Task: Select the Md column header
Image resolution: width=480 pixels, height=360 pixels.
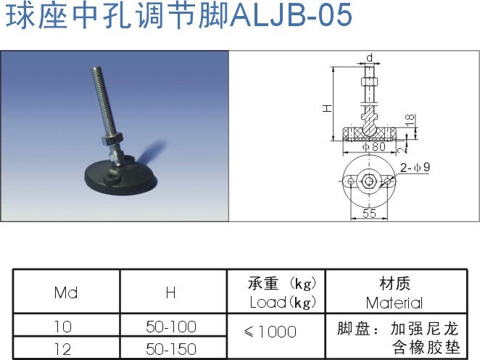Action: tap(65, 293)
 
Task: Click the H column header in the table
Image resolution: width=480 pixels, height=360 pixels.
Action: tap(170, 293)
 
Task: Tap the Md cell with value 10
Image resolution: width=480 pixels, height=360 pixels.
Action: tap(65, 327)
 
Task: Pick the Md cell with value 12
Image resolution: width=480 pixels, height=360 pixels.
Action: tap(65, 349)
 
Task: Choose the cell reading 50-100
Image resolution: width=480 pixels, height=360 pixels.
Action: tap(171, 327)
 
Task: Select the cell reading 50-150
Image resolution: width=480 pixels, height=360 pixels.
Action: tap(171, 349)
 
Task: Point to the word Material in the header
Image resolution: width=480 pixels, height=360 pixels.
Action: tap(394, 303)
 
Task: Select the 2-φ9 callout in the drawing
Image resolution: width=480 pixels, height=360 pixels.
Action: tap(415, 168)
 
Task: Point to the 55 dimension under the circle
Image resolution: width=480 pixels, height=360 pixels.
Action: tap(369, 213)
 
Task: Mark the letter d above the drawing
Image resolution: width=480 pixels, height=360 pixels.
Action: tap(370, 57)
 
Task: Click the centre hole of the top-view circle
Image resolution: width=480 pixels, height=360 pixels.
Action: tap(369, 181)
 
